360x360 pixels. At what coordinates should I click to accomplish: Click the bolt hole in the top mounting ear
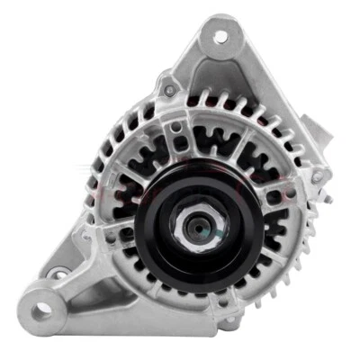click(x=220, y=36)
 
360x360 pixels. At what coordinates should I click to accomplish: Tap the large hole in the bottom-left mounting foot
click(x=42, y=310)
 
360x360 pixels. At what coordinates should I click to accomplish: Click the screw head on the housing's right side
click(x=317, y=177)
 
